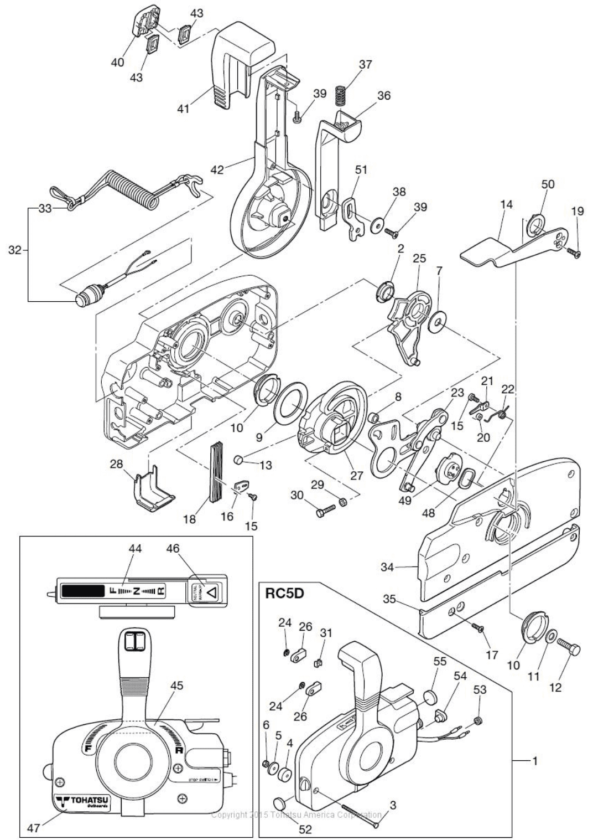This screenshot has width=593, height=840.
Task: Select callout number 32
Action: pos(14,250)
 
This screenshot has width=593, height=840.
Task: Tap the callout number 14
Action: pos(506,204)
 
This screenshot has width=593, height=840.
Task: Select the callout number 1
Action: pos(535,761)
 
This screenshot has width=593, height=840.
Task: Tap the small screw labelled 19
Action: pos(574,252)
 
